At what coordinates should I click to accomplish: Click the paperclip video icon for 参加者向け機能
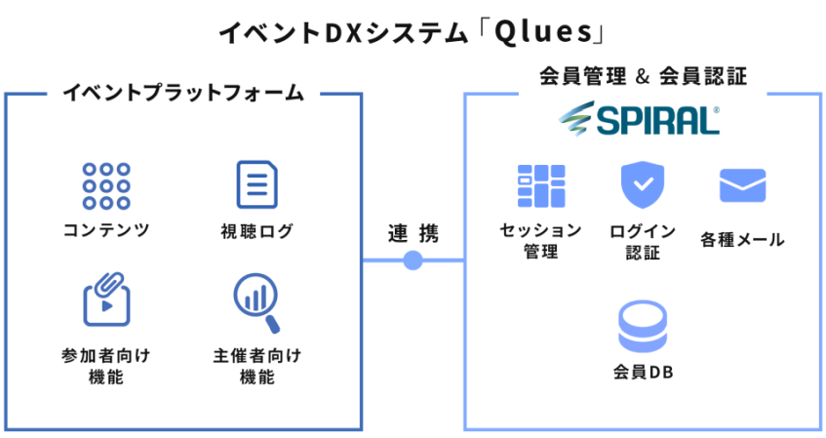pos(106,299)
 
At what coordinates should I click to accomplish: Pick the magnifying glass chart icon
pos(256,300)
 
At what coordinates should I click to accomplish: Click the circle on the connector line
pos(413,260)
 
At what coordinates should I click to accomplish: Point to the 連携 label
pos(413,234)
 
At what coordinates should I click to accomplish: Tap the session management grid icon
pos(540,185)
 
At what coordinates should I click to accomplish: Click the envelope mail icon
pos(742,184)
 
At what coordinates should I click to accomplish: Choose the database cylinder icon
pos(644,327)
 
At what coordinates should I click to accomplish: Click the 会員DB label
pos(644,374)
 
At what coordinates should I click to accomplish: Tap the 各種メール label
pos(742,240)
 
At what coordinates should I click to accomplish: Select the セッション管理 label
pos(540,240)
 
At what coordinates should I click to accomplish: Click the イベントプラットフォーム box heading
pos(183,94)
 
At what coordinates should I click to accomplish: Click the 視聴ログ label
pos(256,232)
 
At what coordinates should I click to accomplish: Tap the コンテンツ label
pos(106,231)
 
